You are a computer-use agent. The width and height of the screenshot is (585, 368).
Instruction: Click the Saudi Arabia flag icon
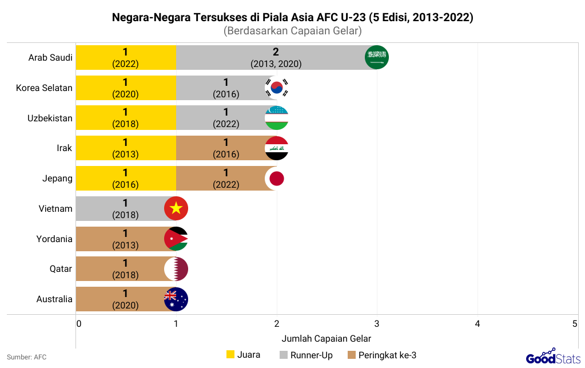pyautogui.click(x=377, y=58)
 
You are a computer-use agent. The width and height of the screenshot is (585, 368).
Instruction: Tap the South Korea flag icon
pyautogui.click(x=277, y=88)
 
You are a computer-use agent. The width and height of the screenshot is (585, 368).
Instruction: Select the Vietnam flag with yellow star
pyautogui.click(x=176, y=209)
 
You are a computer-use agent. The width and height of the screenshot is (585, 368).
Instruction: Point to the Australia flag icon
pyautogui.click(x=176, y=299)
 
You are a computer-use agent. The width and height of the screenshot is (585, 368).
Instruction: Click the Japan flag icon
pyautogui.click(x=277, y=179)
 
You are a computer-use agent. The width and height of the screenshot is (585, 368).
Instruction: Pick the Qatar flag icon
pyautogui.click(x=176, y=269)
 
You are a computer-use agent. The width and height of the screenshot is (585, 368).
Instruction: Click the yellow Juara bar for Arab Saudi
pyautogui.click(x=126, y=58)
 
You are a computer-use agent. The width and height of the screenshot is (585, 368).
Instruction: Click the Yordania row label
pyautogui.click(x=54, y=239)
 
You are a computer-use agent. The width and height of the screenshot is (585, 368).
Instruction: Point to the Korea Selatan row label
pyautogui.click(x=44, y=88)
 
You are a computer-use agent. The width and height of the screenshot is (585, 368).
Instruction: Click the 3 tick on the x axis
pyautogui.click(x=377, y=324)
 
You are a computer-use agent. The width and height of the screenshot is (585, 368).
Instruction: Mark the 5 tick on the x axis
pyautogui.click(x=575, y=324)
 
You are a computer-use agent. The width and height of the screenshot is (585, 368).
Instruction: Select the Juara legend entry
pyautogui.click(x=244, y=355)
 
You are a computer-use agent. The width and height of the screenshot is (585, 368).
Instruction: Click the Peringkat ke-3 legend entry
pyautogui.click(x=382, y=355)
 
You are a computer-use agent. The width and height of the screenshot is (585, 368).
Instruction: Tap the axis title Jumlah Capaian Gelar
pyautogui.click(x=326, y=338)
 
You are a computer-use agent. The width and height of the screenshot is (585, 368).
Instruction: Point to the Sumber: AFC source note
pyautogui.click(x=27, y=357)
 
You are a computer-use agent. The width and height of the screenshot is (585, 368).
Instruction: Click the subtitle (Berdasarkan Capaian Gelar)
pyautogui.click(x=292, y=31)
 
